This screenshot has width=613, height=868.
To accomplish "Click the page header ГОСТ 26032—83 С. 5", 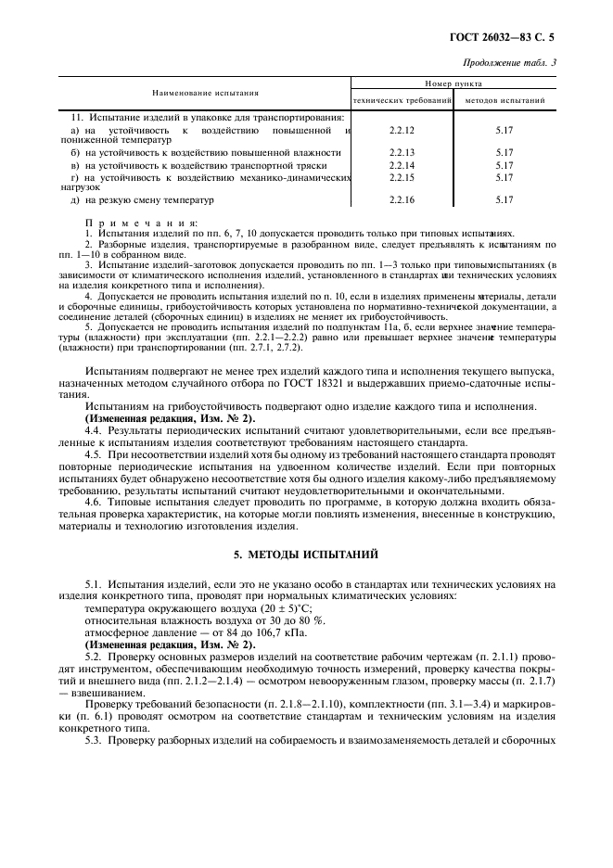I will click(518, 38).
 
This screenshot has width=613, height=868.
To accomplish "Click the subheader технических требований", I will click(402, 100).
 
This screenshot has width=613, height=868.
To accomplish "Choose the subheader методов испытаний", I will click(504, 100).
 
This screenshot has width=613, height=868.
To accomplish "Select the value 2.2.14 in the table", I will click(402, 164).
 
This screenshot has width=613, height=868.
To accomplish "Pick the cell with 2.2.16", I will click(402, 198).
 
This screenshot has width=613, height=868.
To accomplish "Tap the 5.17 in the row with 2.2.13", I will click(504, 152).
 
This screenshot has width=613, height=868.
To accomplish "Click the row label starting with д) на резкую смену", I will click(143, 198).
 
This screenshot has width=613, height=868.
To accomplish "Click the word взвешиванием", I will click(109, 692).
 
